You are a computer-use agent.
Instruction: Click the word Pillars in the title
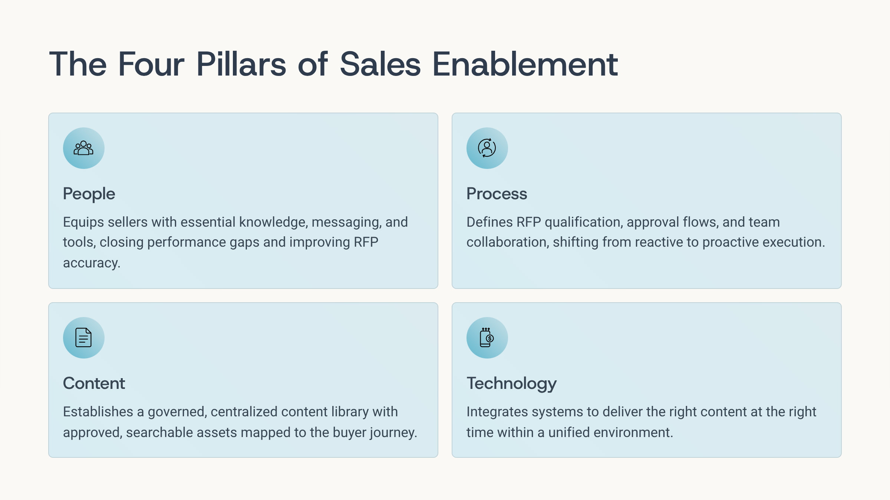point(241,64)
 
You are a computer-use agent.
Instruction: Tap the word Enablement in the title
point(525,64)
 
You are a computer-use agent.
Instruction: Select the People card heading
point(89,194)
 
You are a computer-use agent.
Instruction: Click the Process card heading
point(497,194)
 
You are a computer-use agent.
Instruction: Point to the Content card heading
point(94,383)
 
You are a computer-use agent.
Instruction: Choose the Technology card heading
point(511,384)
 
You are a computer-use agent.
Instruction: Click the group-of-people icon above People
point(83,148)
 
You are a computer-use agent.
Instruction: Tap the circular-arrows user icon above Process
point(487,148)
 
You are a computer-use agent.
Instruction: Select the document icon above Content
point(83,337)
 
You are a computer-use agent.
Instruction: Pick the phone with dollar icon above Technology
point(487,337)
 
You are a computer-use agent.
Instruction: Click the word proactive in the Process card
point(731,242)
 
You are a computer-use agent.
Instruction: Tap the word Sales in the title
point(380,64)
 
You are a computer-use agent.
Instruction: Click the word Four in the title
point(151,64)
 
